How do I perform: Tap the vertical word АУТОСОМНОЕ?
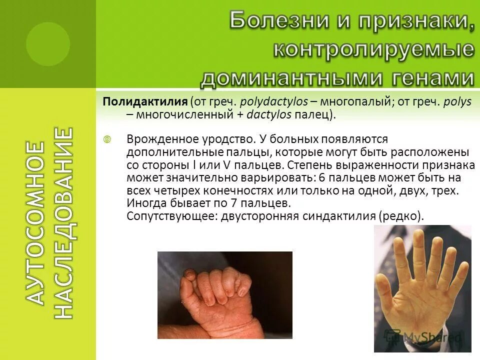[34, 222]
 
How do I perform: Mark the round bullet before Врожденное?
[106, 139]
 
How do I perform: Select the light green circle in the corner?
[48, 44]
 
